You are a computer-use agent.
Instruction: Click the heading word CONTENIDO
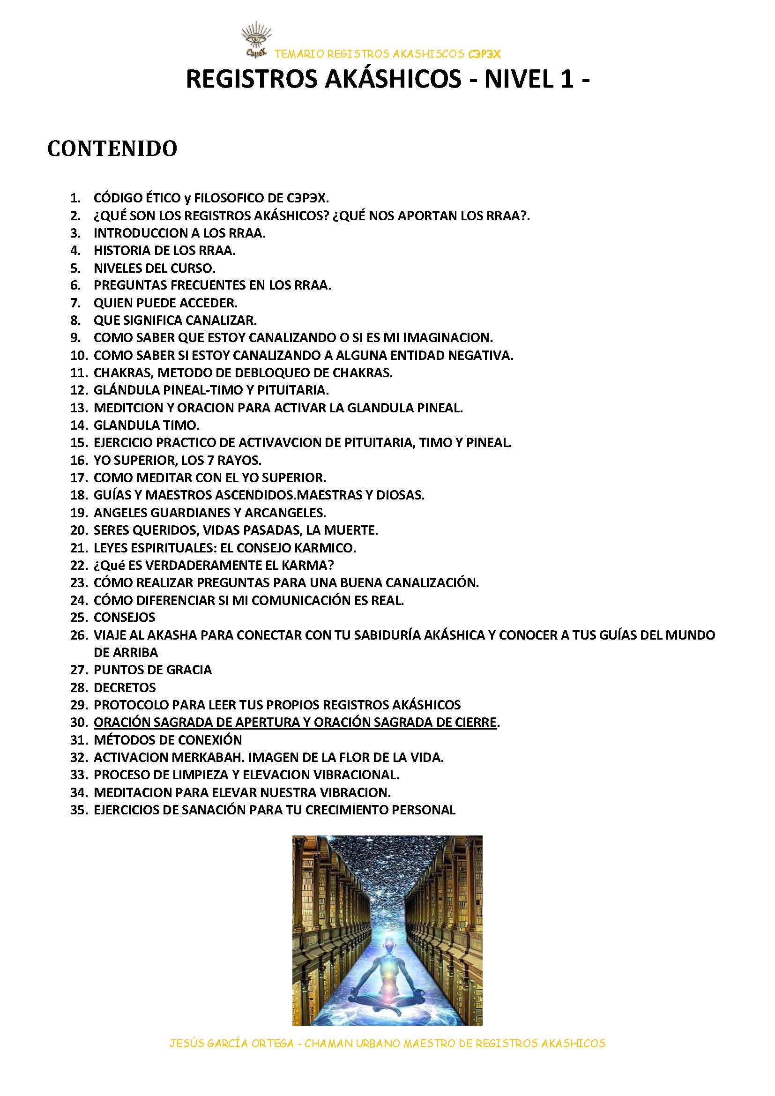[x=112, y=149]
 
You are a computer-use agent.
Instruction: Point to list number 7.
[x=76, y=303]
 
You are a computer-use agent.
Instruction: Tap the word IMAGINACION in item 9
[x=447, y=337]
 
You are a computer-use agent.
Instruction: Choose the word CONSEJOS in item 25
[x=124, y=617]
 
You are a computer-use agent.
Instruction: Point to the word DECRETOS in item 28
[x=125, y=687]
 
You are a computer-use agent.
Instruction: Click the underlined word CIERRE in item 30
[x=473, y=722]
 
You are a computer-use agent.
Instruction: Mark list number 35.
[x=79, y=810]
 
